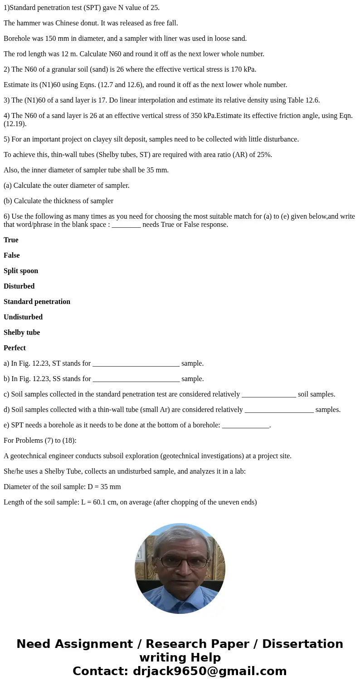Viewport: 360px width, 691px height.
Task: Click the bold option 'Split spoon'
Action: (x=21, y=271)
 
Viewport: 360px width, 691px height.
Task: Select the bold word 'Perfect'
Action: (x=15, y=348)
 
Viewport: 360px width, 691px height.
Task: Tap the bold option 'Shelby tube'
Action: (x=22, y=333)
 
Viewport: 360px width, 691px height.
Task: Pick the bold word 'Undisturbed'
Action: (x=23, y=317)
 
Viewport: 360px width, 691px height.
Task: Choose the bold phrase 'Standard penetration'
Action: (x=37, y=302)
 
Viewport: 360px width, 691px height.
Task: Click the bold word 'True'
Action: (x=11, y=240)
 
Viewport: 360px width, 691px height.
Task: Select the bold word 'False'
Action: (x=12, y=255)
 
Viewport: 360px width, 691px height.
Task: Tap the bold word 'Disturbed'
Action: (x=19, y=286)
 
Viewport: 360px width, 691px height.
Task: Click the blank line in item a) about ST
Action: (x=136, y=364)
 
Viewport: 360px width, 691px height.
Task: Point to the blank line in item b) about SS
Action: (x=136, y=379)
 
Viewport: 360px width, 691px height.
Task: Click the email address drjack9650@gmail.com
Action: (x=209, y=671)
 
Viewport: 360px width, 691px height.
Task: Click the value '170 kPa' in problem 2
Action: (x=244, y=69)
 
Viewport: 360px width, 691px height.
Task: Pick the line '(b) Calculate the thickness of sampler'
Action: (x=58, y=201)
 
